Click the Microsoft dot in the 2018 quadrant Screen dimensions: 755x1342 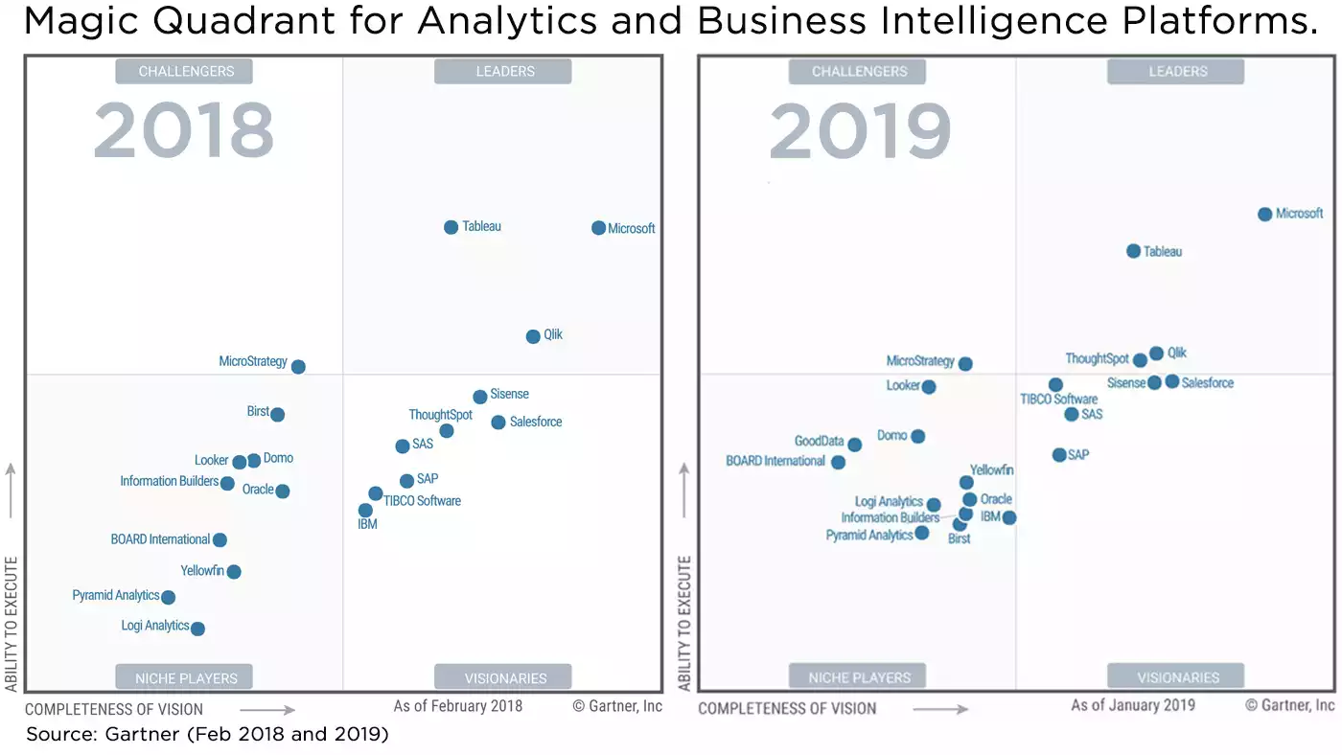[598, 228]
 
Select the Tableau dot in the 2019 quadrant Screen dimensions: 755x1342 [1133, 251]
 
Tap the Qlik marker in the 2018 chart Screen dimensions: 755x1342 [533, 336]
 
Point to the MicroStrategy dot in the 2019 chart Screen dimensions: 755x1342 [965, 364]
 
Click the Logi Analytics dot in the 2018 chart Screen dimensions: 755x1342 [197, 629]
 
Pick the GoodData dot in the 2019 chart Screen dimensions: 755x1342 [854, 445]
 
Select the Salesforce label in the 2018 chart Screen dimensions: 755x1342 [535, 422]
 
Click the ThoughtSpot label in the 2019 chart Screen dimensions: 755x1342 [1097, 359]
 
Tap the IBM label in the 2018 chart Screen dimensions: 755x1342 [367, 525]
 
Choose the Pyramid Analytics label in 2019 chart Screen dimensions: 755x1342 [868, 536]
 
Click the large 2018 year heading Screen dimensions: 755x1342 [183, 131]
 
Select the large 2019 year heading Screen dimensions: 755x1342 [860, 131]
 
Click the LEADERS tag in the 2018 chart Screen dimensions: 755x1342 [503, 72]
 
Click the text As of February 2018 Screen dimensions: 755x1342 [458, 706]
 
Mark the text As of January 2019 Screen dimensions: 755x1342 [1132, 705]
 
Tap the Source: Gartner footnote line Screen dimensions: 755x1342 [206, 735]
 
